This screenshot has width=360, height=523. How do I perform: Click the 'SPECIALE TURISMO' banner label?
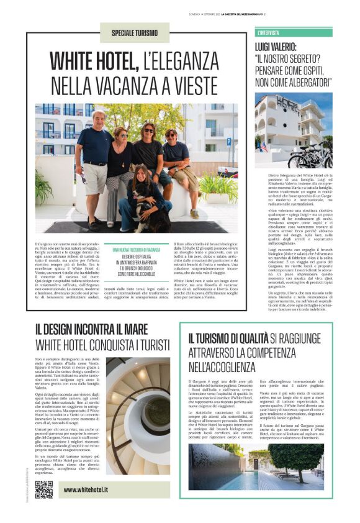[x=134, y=33]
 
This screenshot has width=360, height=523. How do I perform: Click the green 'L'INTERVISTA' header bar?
[x=293, y=32]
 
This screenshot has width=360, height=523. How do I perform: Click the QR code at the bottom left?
[x=43, y=489]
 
